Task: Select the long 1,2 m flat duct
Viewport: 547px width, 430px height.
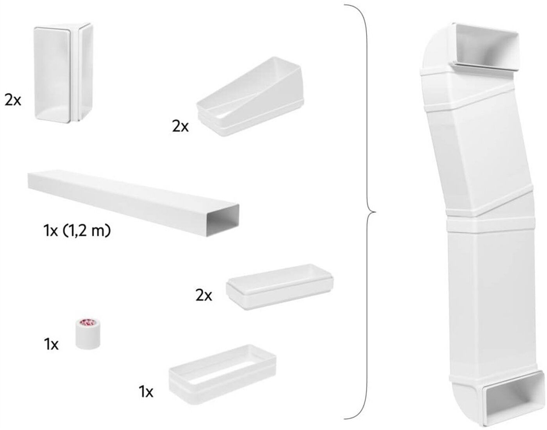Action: pos(133,203)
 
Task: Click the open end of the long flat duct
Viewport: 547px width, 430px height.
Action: pos(223,220)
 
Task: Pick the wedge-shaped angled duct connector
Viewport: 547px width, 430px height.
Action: pos(250,97)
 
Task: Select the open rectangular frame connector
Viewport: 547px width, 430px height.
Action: pos(223,373)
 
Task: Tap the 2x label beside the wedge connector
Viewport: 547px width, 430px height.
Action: pos(180,126)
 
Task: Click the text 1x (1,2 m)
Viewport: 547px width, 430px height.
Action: pos(77,231)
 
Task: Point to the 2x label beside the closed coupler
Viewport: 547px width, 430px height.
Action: pos(204,296)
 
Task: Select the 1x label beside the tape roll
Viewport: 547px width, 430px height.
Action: pos(51,344)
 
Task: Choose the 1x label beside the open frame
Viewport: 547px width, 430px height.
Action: pos(146,392)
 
